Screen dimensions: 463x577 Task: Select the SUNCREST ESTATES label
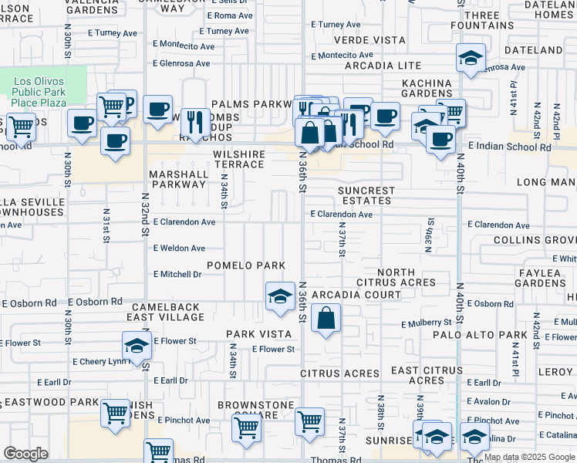coord(366,195)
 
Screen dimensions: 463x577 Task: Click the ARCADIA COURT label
coord(356,295)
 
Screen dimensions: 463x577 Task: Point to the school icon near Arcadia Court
coord(279,296)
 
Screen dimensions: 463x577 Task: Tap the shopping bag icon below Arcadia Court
coord(326,317)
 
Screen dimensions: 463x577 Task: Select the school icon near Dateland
coord(470,58)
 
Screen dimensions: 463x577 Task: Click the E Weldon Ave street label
coord(179,248)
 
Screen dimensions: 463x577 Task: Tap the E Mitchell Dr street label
coord(177,274)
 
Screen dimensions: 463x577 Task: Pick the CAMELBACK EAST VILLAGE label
coord(154,312)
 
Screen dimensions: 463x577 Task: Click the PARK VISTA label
coord(258,334)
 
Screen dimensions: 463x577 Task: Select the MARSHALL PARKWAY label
coord(179,180)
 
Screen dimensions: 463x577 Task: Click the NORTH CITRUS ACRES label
coord(396,278)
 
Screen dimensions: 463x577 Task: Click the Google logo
coord(25,454)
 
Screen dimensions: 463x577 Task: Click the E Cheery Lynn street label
coord(100,361)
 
